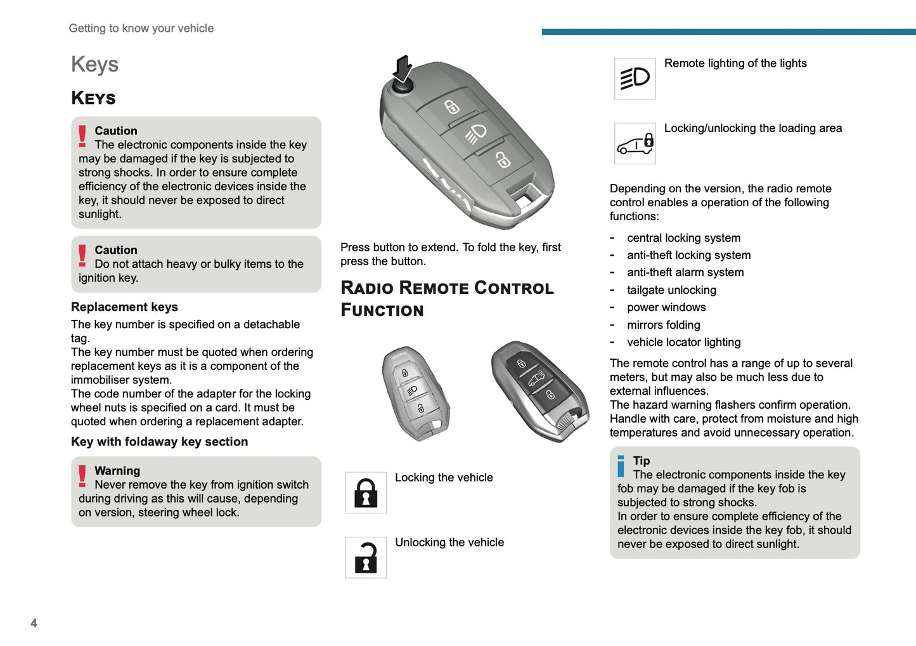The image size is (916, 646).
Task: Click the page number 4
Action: click(34, 623)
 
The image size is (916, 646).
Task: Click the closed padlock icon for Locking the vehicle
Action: click(366, 492)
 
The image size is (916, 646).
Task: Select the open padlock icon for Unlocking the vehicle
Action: click(366, 557)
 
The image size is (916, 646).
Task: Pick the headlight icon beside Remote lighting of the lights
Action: click(635, 79)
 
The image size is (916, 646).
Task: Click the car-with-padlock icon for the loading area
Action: click(635, 143)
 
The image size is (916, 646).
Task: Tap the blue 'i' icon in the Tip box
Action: click(621, 466)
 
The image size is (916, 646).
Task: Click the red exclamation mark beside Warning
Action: click(82, 476)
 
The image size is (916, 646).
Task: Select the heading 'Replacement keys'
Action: click(124, 307)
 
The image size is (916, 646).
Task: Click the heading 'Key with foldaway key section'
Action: click(159, 442)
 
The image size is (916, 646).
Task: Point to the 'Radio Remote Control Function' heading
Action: click(447, 299)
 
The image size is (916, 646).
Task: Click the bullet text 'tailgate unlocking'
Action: click(671, 290)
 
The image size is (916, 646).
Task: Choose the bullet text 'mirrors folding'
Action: click(663, 325)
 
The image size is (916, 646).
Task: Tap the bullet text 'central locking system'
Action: click(683, 238)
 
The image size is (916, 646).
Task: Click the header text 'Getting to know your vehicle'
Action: click(141, 29)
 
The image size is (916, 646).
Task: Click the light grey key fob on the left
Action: click(415, 393)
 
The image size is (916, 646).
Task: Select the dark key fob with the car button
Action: click(539, 390)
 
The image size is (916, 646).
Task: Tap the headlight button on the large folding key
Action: click(475, 133)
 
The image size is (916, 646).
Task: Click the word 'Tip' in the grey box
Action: click(641, 461)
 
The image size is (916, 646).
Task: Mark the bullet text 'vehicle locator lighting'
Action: click(683, 342)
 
